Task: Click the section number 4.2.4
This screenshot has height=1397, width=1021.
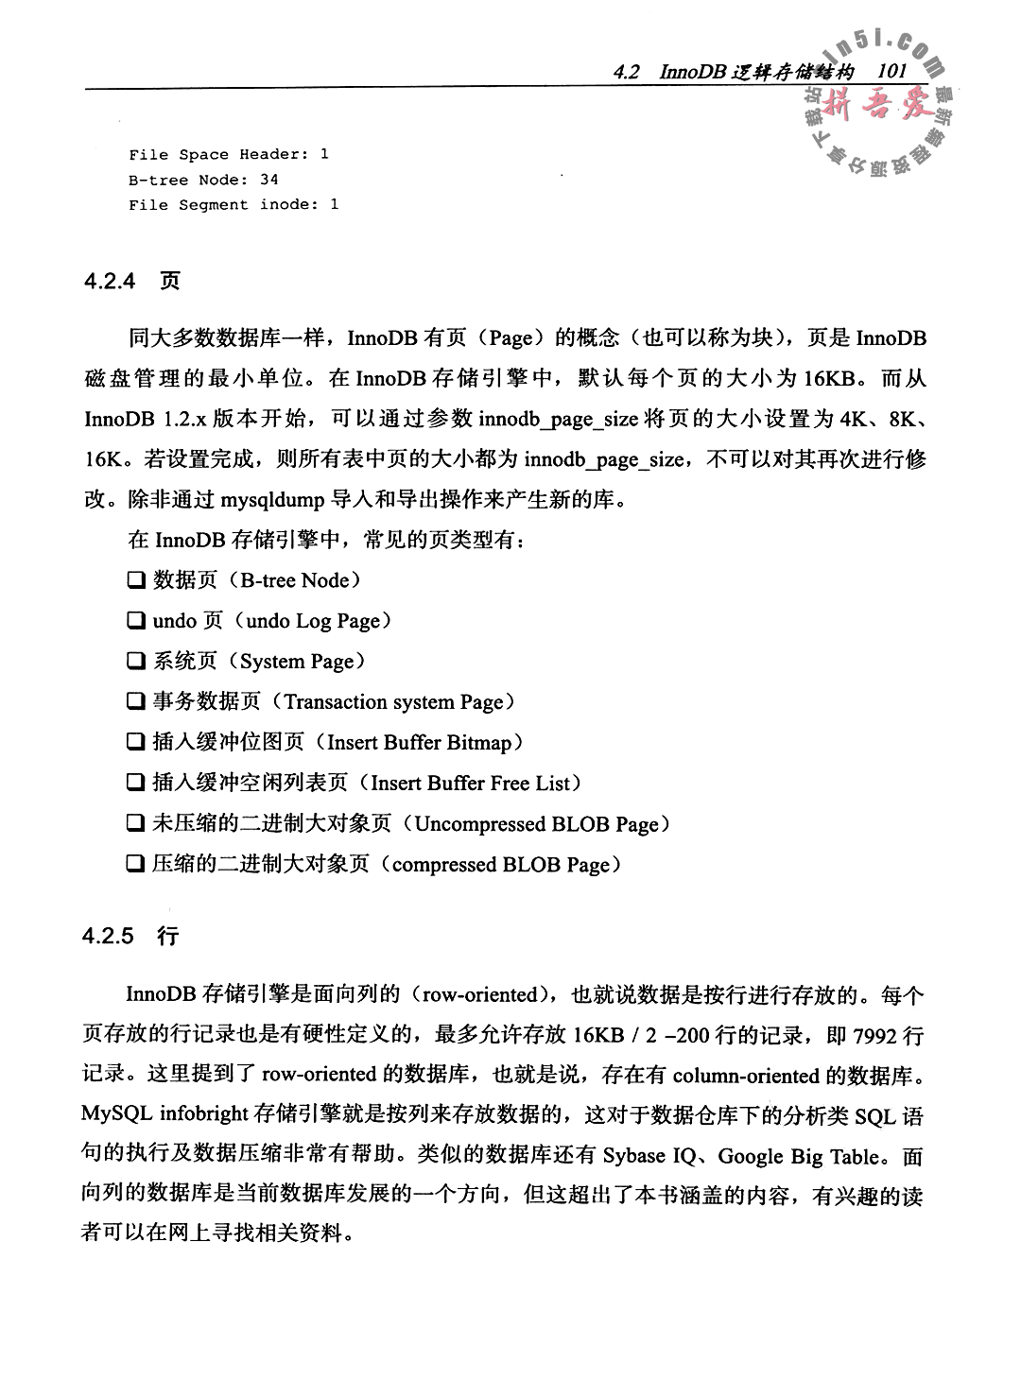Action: click(x=111, y=281)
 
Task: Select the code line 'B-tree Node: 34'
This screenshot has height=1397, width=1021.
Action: click(x=203, y=180)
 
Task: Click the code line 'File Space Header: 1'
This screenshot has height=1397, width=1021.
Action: click(x=229, y=154)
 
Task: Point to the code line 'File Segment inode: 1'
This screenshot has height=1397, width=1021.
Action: click(x=234, y=204)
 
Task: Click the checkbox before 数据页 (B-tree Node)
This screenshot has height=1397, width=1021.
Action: click(x=136, y=580)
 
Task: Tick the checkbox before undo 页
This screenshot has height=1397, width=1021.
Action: click(x=136, y=621)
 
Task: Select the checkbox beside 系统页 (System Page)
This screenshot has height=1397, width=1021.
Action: click(x=136, y=662)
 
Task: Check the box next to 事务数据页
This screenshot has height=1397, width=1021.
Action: click(x=136, y=702)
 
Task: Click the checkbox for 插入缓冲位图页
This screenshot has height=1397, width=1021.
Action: click(x=136, y=743)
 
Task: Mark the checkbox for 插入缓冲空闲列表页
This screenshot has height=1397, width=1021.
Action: click(x=136, y=784)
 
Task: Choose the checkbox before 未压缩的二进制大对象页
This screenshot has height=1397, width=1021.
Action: click(x=136, y=824)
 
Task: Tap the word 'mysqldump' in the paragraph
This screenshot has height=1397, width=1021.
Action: click(x=273, y=499)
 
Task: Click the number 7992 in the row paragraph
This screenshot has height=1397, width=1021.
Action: click(x=874, y=1036)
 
